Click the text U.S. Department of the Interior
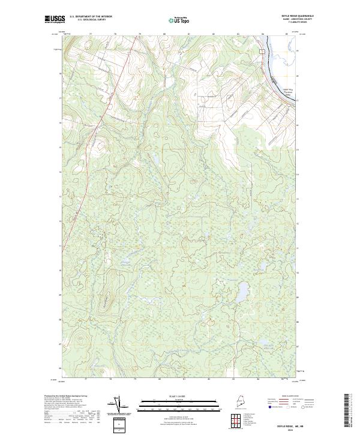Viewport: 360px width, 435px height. (x=91, y=16)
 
